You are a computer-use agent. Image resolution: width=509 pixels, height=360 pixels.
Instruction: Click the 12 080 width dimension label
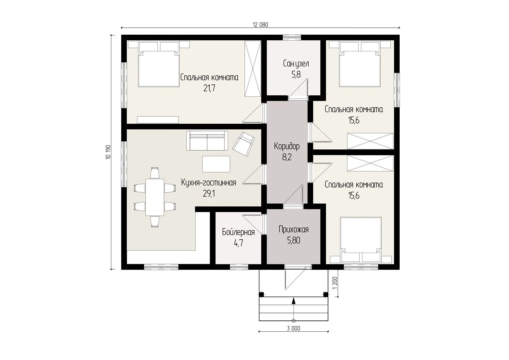point(260,25)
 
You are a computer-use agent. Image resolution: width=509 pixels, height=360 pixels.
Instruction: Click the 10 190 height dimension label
point(108,152)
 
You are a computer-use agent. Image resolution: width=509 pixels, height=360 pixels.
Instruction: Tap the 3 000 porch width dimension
point(293,328)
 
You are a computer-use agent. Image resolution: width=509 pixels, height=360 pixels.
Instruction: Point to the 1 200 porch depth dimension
point(335,283)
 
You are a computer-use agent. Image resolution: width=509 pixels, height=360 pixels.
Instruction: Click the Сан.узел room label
point(296,64)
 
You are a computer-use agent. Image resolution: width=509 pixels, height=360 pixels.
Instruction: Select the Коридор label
point(287,146)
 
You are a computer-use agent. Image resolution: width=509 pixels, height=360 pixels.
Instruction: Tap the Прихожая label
point(294,230)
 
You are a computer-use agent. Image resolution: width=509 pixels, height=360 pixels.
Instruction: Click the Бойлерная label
point(238,232)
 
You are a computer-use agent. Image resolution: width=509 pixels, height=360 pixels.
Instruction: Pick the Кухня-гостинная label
point(209,183)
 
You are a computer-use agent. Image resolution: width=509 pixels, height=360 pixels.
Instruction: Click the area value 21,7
point(209,88)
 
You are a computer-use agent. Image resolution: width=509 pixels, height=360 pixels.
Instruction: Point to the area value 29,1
point(209,193)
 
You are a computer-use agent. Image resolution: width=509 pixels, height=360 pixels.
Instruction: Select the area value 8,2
point(287,157)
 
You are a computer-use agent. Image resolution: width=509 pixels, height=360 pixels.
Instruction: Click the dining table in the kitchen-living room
point(155,197)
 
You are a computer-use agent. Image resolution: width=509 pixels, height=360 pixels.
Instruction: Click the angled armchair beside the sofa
point(243,144)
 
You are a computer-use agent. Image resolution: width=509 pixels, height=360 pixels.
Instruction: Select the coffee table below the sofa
point(216,164)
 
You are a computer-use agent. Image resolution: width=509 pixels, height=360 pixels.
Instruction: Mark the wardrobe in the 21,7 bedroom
point(253,68)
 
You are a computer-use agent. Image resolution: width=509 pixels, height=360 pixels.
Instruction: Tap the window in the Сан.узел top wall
point(292,37)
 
